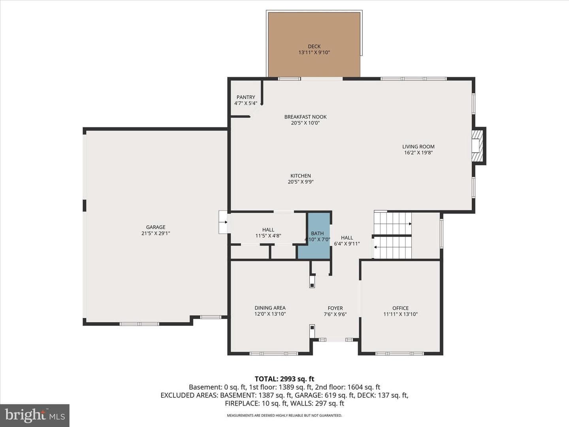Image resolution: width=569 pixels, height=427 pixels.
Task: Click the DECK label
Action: (x=314, y=46)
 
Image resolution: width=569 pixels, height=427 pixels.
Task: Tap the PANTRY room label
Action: (x=246, y=97)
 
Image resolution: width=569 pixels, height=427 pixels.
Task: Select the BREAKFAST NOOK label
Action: (x=305, y=117)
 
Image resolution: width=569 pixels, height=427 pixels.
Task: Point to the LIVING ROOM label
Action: (x=418, y=146)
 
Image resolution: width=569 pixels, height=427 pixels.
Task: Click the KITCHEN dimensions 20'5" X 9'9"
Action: (x=300, y=182)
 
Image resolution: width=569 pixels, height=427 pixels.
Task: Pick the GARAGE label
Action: (x=156, y=227)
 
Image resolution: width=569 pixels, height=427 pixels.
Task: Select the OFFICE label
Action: (x=401, y=308)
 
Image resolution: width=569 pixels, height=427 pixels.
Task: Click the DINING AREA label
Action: (x=270, y=308)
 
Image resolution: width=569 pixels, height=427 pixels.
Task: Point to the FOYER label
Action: (x=335, y=308)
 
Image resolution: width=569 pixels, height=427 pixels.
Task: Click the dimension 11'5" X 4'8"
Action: (x=268, y=236)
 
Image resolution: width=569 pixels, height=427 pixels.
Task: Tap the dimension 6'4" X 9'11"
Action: (x=347, y=244)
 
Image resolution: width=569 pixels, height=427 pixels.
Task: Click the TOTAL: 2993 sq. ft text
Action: (x=284, y=379)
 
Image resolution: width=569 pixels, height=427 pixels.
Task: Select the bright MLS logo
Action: (x=35, y=415)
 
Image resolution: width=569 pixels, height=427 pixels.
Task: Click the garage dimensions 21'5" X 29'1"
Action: (x=156, y=233)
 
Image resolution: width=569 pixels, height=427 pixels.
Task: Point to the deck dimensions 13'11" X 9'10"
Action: (x=314, y=53)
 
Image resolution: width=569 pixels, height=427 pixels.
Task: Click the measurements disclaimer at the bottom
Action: (x=284, y=415)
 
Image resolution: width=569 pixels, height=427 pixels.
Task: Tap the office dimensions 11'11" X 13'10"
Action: (x=401, y=314)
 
